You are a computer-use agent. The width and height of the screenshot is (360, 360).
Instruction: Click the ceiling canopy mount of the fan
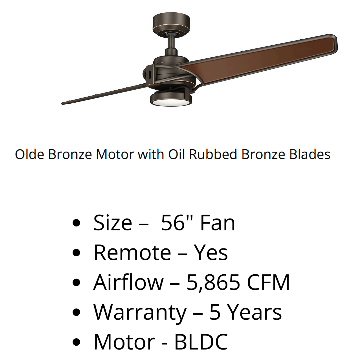click(x=171, y=24)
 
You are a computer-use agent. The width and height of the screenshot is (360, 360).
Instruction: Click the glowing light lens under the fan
click(x=171, y=102)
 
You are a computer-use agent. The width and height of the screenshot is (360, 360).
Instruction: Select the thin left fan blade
click(x=103, y=94)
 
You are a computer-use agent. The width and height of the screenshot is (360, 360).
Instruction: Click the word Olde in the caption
click(x=29, y=154)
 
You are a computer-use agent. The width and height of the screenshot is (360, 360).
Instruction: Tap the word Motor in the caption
click(x=115, y=154)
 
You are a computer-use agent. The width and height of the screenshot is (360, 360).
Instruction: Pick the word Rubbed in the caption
click(x=213, y=154)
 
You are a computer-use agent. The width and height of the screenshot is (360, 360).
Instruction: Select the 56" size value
click(x=176, y=223)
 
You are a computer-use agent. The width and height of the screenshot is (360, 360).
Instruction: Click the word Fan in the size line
click(x=218, y=223)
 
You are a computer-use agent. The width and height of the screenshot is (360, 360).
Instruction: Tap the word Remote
click(x=132, y=253)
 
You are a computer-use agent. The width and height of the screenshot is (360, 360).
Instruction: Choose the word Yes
click(x=211, y=253)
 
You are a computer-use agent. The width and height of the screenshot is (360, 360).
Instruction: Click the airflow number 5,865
click(x=213, y=282)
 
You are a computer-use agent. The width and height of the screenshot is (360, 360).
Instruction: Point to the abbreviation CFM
click(x=268, y=282)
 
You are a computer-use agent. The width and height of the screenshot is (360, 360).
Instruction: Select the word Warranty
click(x=140, y=312)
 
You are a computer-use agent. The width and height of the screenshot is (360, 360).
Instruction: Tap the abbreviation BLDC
click(x=201, y=342)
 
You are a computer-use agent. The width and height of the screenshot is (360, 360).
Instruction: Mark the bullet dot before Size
click(x=76, y=223)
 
